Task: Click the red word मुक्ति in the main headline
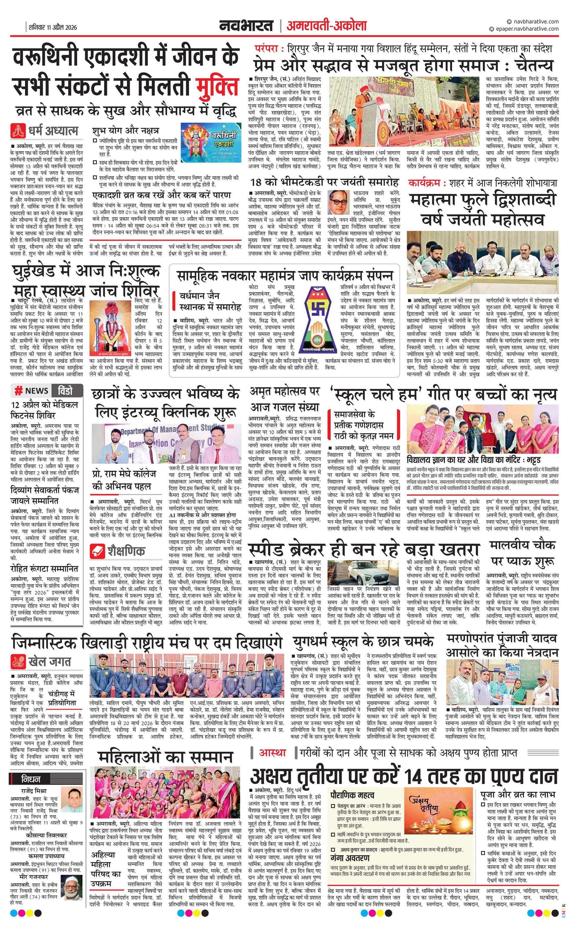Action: point(218,87)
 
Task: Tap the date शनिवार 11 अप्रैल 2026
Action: point(53,27)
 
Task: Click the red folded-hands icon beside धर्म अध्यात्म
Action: point(17,131)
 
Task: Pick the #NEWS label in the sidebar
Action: point(32,390)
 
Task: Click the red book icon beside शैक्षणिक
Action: point(97,551)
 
